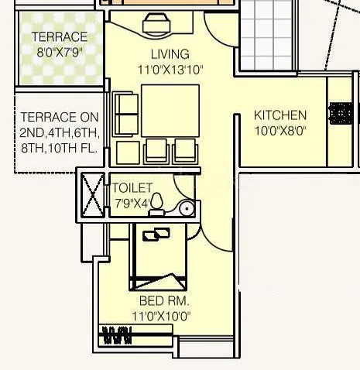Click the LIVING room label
(170, 54)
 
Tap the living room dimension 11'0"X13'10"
(170, 70)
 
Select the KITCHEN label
(280, 116)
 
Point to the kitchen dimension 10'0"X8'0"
(280, 131)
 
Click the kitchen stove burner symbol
(339, 114)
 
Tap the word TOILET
(132, 188)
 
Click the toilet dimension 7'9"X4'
(132, 204)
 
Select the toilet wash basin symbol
(186, 207)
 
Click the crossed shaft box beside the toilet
(93, 195)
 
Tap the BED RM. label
(164, 300)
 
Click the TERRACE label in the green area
(59, 37)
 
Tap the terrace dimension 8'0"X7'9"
(59, 53)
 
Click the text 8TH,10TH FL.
(60, 149)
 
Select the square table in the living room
(170, 110)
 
